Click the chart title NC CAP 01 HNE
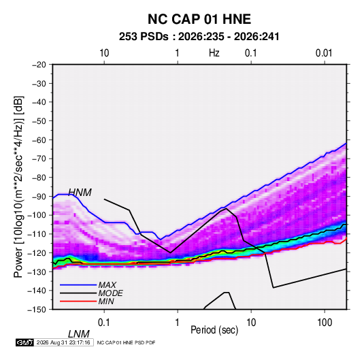pos(199,19)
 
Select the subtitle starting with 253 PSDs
pos(199,37)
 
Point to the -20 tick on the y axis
pos(39,65)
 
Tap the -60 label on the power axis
pos(39,140)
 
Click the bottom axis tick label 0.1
pos(103,323)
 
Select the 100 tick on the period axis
pos(325,323)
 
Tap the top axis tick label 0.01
pos(324,53)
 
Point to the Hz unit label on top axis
pos(214,53)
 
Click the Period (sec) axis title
pos(214,330)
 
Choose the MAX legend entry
pos(107,284)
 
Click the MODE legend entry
pos(110,293)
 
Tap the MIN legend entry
pos(106,301)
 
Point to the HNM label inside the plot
pos(80,193)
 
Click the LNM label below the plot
pos(79,334)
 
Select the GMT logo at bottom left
pos(24,342)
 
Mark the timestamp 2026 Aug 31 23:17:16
pos(63,342)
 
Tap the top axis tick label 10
pos(104,53)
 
